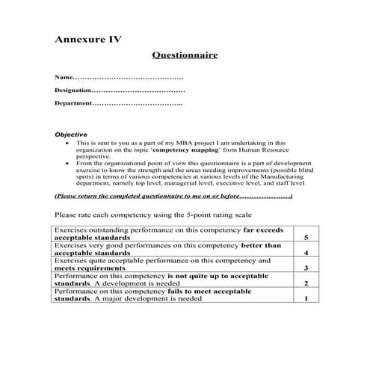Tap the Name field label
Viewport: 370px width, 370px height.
tap(65, 78)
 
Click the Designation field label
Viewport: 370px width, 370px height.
tap(77, 90)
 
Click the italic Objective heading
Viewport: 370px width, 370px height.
tap(71, 135)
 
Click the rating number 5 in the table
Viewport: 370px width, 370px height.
tap(306, 237)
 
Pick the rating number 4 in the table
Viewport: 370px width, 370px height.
tap(306, 253)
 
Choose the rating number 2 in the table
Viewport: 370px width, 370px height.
tap(306, 284)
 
